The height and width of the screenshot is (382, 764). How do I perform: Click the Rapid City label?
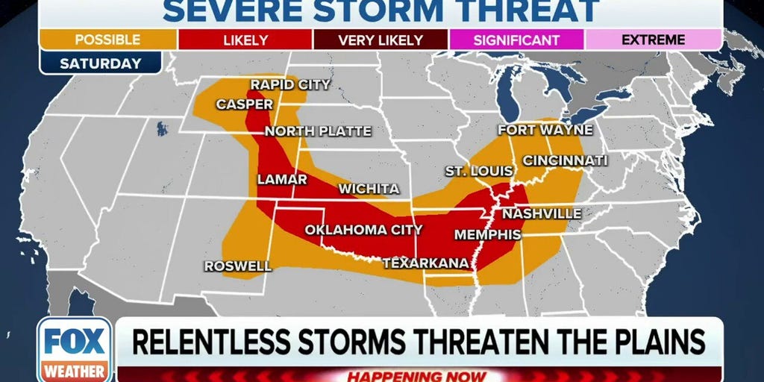pos(289,85)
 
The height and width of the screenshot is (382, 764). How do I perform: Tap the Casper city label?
pos(245,104)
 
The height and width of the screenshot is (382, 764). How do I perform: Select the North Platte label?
pos(318,131)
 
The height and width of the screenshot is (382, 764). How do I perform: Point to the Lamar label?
pos(282,180)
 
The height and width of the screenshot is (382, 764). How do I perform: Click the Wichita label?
pos(369,189)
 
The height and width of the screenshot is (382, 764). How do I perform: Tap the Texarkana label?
pos(425,263)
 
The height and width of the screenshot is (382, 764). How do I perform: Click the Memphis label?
pos(487,234)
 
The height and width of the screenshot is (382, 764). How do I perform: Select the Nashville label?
pos(542,214)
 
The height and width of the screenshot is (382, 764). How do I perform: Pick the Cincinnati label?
pos(565,160)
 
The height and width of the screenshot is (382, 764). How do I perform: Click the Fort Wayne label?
pos(545,130)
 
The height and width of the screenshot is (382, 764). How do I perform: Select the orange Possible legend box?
pos(108,40)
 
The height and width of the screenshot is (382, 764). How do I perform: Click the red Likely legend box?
pos(245,40)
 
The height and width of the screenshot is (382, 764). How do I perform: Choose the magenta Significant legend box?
pos(517,40)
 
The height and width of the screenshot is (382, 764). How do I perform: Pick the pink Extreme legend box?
pos(653,40)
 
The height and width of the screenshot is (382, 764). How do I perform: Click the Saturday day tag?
pos(101,63)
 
